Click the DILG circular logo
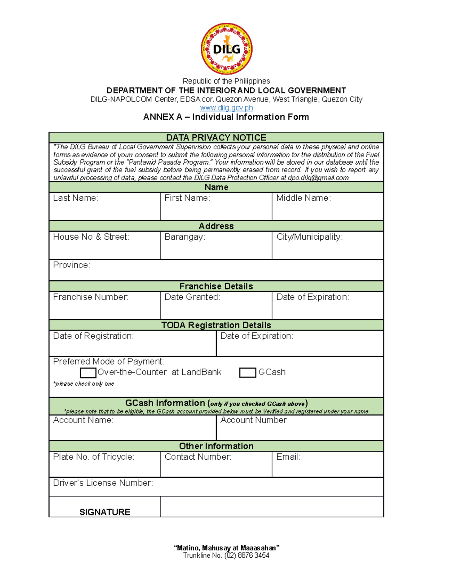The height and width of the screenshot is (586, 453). (226, 49)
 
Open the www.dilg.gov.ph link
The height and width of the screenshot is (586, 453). (226, 108)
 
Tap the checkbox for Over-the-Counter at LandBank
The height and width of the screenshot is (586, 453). (88, 373)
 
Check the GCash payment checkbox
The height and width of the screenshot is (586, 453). (248, 373)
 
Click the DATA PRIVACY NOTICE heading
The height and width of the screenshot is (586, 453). (216, 137)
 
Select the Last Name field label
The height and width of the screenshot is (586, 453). (75, 198)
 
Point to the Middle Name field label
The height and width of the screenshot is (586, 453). (304, 198)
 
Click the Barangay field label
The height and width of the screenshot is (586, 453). (185, 237)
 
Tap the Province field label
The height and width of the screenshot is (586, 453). (71, 265)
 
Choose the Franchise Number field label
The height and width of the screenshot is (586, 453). (91, 297)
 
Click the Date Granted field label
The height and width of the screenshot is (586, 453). (192, 297)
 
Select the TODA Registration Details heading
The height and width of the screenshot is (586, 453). (216, 325)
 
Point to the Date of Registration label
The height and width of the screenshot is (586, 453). (93, 336)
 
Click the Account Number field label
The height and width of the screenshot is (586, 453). (253, 420)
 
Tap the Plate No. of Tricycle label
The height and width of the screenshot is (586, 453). (94, 457)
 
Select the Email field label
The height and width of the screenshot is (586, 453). (288, 457)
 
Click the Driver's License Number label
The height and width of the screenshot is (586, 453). (103, 483)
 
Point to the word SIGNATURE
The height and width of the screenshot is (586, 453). (105, 512)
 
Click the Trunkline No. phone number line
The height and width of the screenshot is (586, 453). (226, 555)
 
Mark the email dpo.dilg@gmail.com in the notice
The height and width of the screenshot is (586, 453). (319, 178)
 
